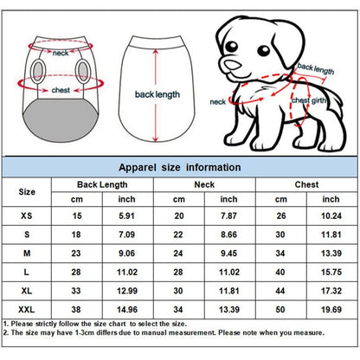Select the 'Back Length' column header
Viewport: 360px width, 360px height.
pyautogui.click(x=100, y=185)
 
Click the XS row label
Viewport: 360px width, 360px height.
pyautogui.click(x=29, y=216)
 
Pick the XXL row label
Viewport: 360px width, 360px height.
pyautogui.click(x=29, y=307)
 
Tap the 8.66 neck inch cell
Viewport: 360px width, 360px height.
pyautogui.click(x=229, y=235)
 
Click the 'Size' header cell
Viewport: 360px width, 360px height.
pyautogui.click(x=29, y=192)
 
